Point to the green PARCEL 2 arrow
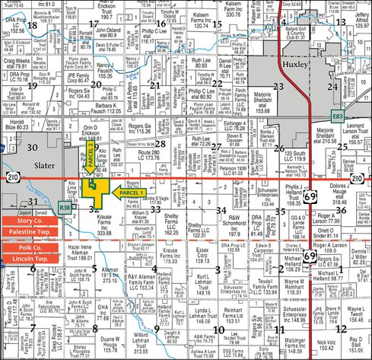coord(89,158)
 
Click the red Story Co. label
coord(30,220)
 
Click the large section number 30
coord(31,125)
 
